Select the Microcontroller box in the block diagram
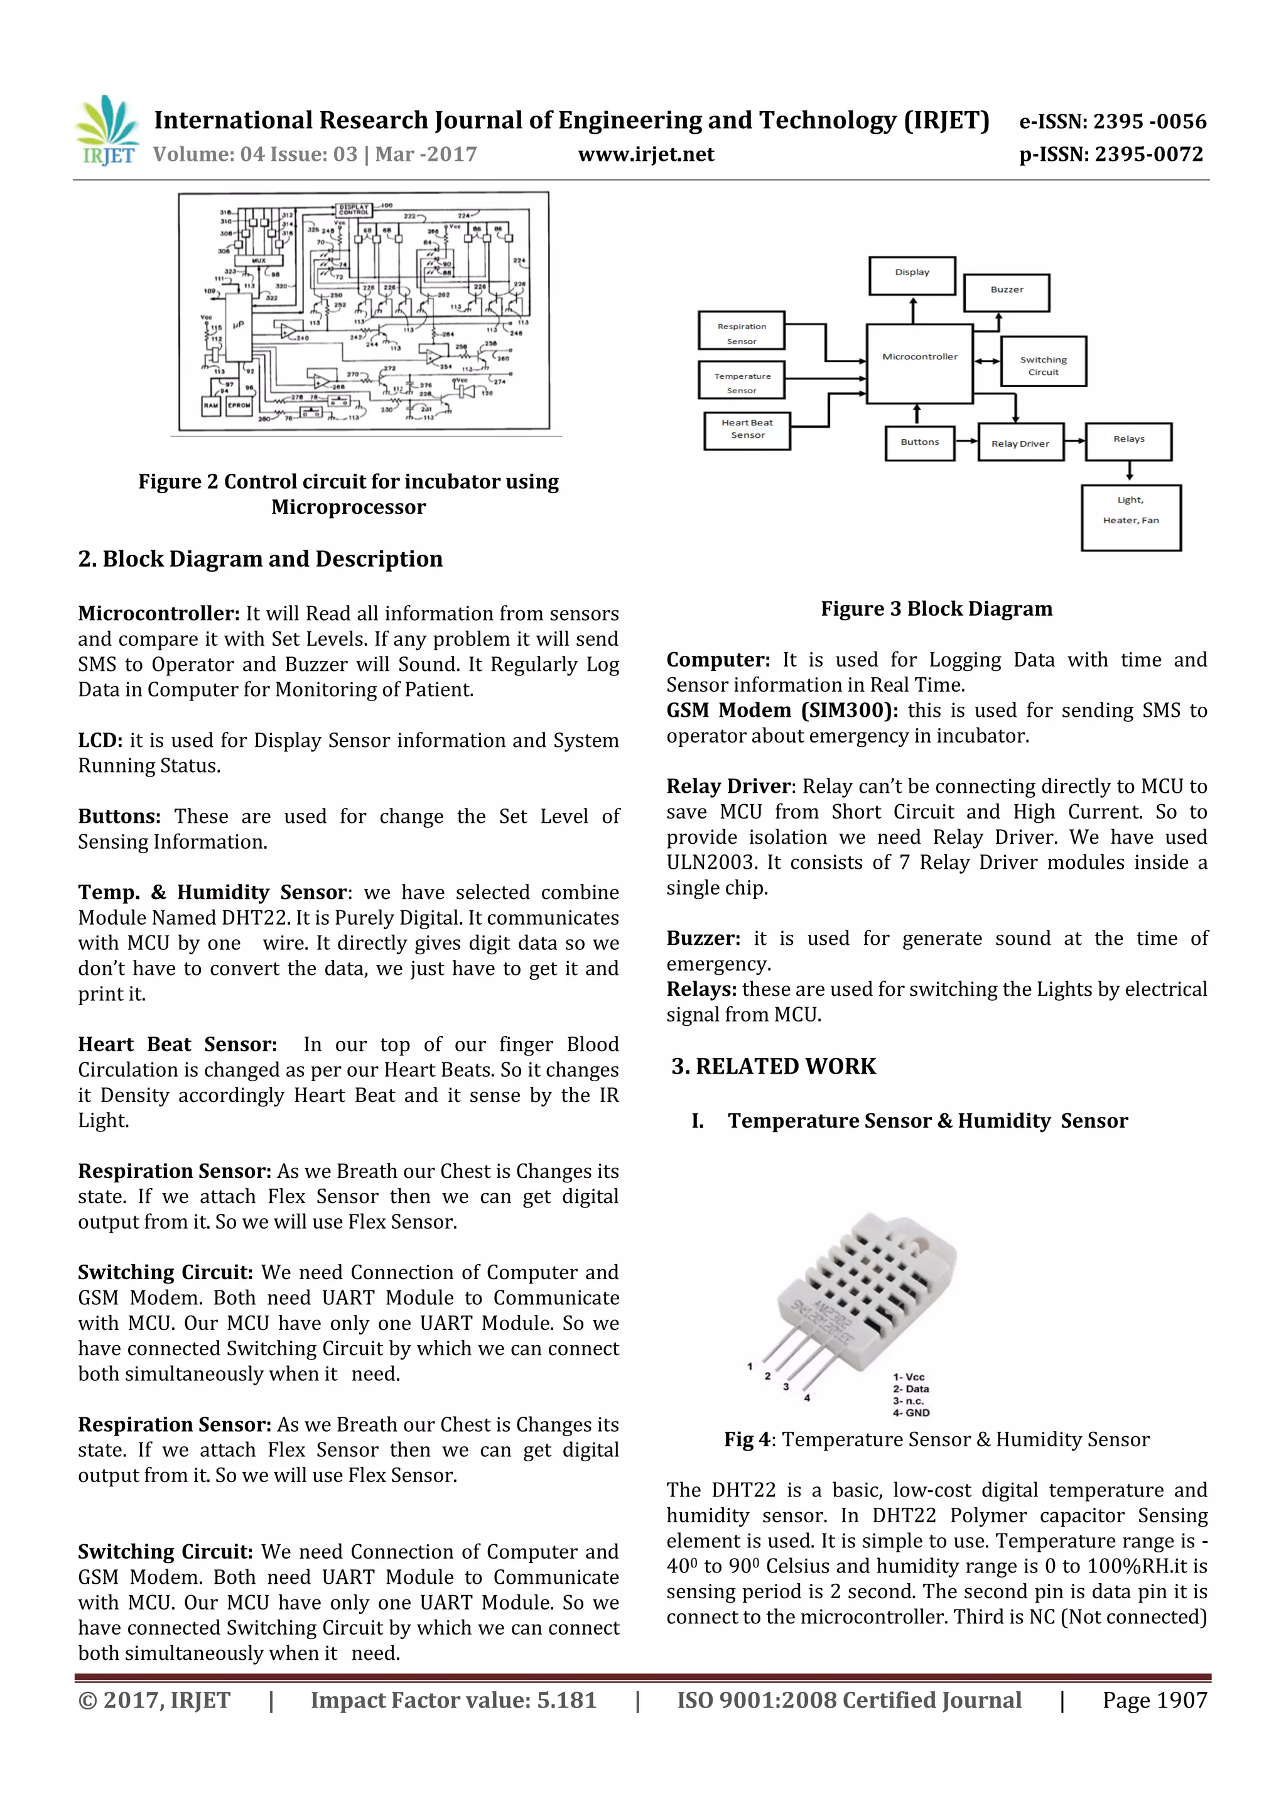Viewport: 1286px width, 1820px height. (x=919, y=363)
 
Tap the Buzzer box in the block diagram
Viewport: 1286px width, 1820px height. (x=1007, y=292)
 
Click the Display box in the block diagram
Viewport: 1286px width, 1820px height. (x=912, y=275)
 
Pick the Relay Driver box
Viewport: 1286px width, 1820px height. (x=1020, y=442)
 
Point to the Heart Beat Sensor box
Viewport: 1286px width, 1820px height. (x=747, y=430)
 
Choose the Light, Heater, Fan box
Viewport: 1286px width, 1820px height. (x=1131, y=517)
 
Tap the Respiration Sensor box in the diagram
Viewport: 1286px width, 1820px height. (x=741, y=330)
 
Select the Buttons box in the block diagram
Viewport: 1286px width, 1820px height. (x=919, y=442)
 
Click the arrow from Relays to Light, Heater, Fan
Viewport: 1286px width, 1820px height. (x=1129, y=472)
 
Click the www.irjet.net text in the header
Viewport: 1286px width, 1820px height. (x=646, y=155)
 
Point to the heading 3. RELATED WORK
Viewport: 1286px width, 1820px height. (x=774, y=1066)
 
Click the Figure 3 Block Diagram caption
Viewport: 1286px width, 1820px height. (x=937, y=609)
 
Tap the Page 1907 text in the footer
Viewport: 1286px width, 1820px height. (x=1155, y=1700)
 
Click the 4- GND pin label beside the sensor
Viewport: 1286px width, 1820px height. (x=911, y=1412)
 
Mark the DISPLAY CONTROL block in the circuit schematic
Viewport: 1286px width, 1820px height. (x=354, y=209)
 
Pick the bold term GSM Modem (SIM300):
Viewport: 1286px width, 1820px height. (x=781, y=711)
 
